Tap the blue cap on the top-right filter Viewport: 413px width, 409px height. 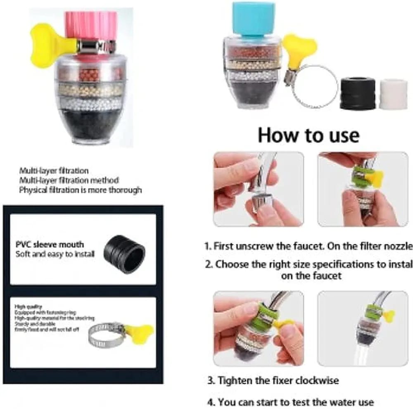253,19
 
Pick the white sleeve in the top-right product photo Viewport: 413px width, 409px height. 393,94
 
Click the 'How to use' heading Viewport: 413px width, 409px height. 309,135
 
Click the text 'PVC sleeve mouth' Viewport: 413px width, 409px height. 49,245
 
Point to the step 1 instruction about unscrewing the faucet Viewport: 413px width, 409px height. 308,246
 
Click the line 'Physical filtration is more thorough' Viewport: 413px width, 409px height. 80,190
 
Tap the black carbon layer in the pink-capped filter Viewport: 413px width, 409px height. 90,124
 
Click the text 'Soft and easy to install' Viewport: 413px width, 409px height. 55,254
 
